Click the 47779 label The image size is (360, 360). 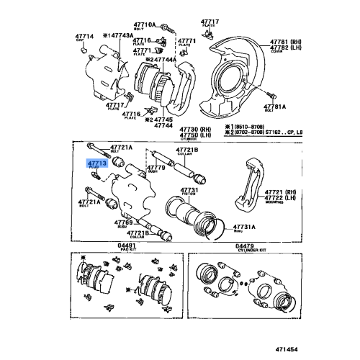[156, 168]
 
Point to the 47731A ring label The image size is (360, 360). [243, 227]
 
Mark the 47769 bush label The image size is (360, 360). [123, 223]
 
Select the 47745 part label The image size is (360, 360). [164, 120]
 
